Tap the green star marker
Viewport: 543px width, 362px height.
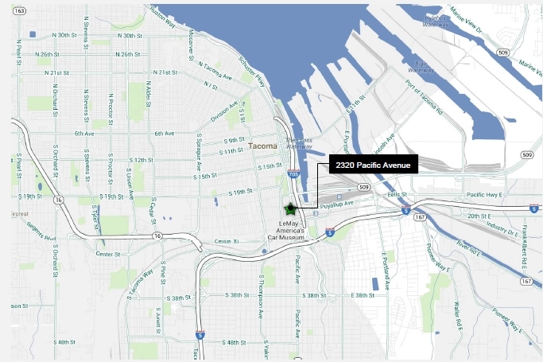[290, 210]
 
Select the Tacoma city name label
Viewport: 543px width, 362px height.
[262, 146]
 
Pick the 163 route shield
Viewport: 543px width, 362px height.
[20, 10]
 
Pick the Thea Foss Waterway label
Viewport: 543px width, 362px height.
[300, 141]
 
